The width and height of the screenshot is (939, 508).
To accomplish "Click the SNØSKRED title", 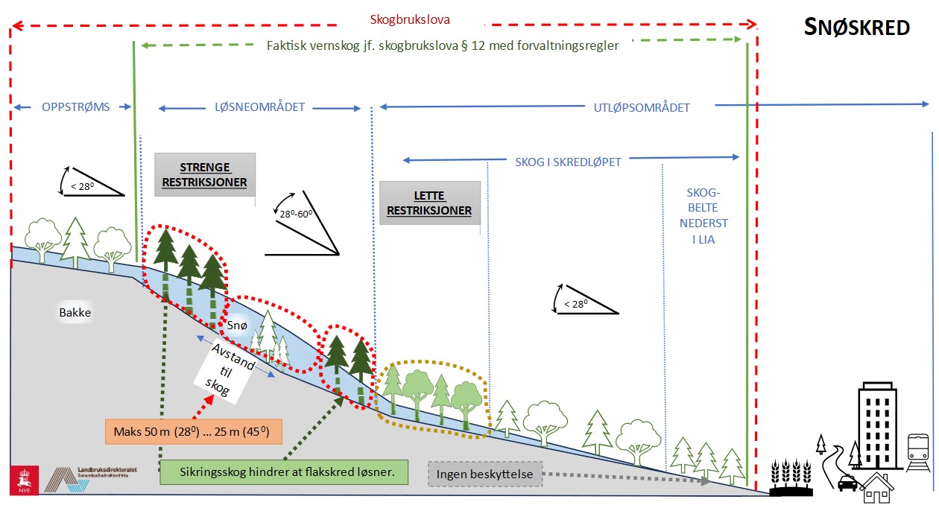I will (x=857, y=28).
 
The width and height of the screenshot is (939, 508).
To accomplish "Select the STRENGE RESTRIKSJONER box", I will (x=205, y=174).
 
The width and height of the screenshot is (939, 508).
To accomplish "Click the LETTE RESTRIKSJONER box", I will (x=429, y=203).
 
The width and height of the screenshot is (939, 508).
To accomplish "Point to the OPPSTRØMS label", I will (x=75, y=107).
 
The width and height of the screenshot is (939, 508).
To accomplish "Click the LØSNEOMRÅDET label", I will (x=259, y=107).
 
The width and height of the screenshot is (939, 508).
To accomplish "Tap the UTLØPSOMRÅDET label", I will (x=642, y=107).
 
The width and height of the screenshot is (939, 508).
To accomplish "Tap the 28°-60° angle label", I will (x=295, y=215).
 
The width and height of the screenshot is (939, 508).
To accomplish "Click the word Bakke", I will (x=75, y=313).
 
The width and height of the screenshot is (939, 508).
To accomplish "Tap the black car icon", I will (x=847, y=483).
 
